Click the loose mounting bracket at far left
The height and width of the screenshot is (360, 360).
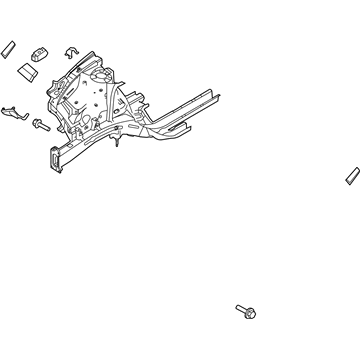pyautogui.click(x=14, y=113)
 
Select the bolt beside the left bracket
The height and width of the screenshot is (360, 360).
pyautogui.click(x=41, y=125)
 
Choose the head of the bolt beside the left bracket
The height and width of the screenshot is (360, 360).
pyautogui.click(x=36, y=123)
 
